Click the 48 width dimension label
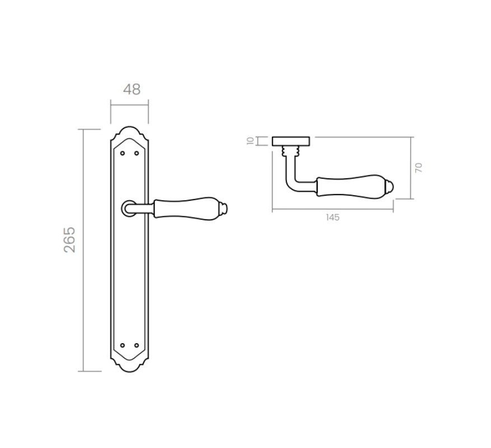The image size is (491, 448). click(x=132, y=90)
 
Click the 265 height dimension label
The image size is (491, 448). click(x=70, y=239)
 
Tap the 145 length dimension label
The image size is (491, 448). click(x=332, y=218)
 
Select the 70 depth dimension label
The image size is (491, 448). click(x=419, y=168)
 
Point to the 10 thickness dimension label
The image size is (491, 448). click(x=250, y=141)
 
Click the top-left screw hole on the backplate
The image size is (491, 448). click(x=122, y=153)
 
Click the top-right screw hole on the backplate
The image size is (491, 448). click(x=136, y=153)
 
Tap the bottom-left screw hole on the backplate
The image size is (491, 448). click(x=122, y=345)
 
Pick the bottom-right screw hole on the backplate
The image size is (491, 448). click(x=136, y=345)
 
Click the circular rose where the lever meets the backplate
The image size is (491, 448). click(x=124, y=209)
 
